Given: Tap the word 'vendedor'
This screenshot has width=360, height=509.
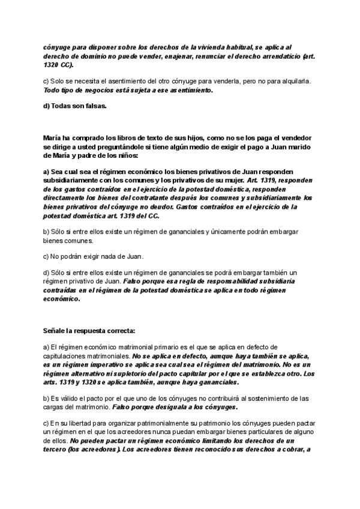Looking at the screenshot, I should (295, 137).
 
